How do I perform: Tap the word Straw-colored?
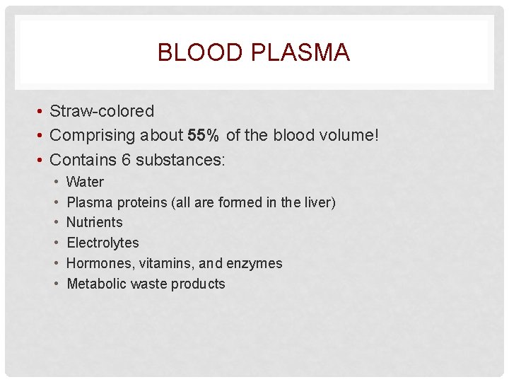102,111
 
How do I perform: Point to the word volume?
347,135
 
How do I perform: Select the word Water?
85,182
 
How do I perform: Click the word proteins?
142,202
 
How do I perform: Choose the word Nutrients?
94,222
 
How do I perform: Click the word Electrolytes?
103,243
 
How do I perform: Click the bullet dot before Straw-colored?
42,112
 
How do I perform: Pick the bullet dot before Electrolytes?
57,243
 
